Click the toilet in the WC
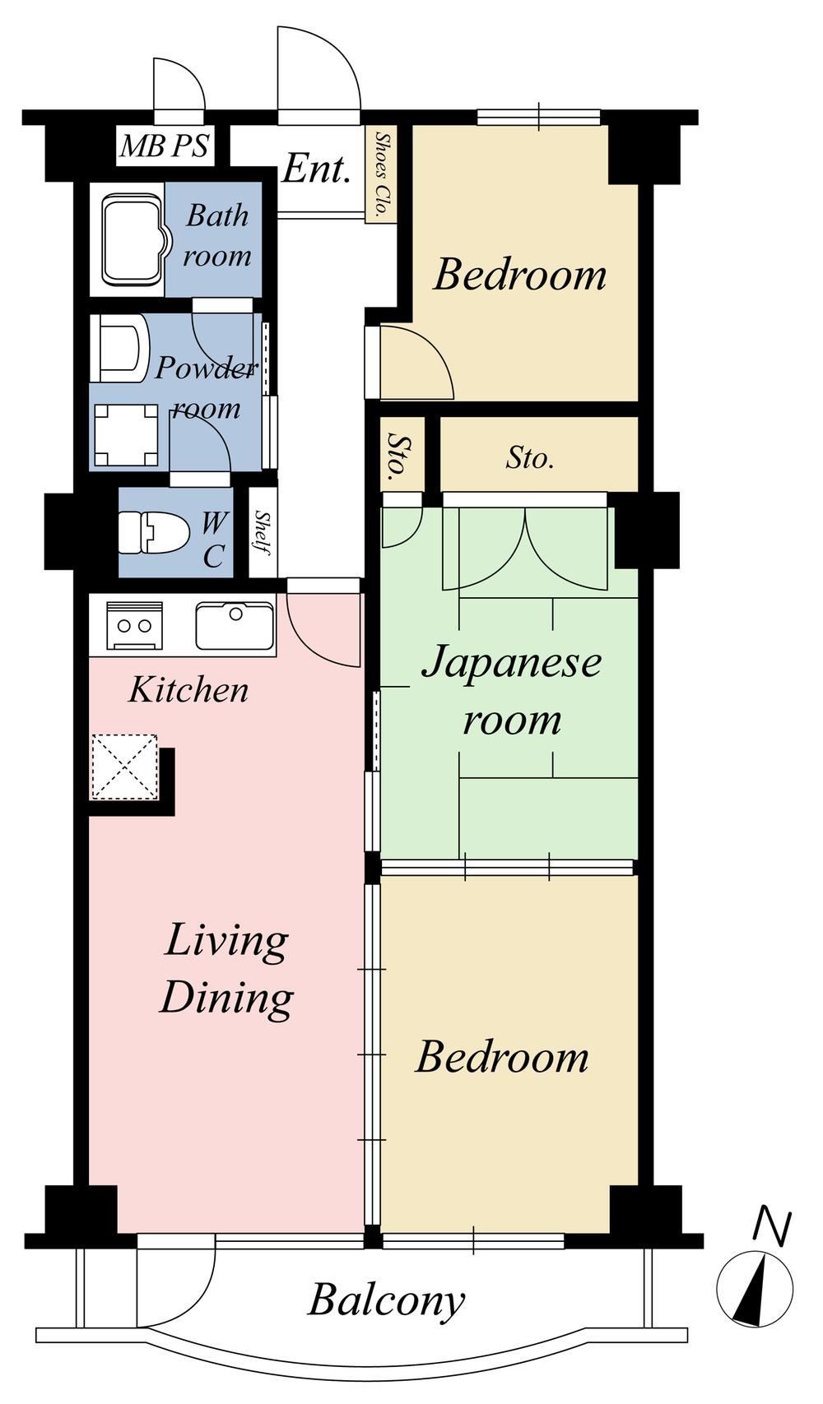click(154, 534)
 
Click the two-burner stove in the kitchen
click(134, 625)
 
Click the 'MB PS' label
click(165, 146)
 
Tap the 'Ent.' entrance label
click(315, 169)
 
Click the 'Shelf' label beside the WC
click(263, 533)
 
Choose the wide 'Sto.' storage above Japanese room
click(530, 460)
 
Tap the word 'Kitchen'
click(188, 690)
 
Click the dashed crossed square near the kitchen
click(124, 767)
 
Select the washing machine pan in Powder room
click(125, 435)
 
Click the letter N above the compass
click(774, 1226)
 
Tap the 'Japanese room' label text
click(512, 692)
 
